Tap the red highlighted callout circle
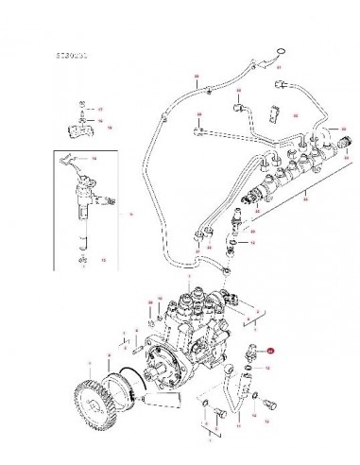271,350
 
